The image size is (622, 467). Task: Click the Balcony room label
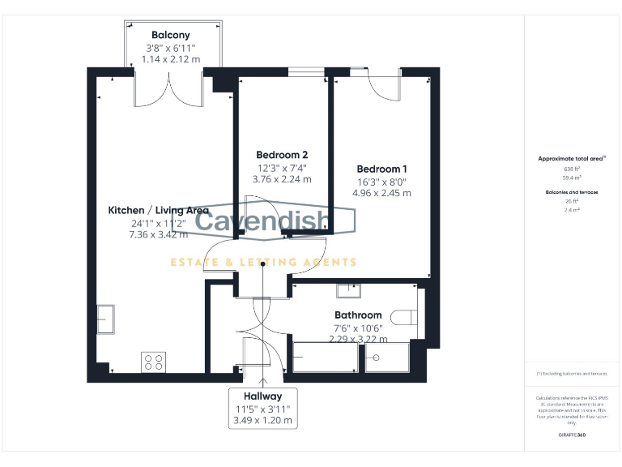(171, 35)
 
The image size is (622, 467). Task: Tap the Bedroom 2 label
(282, 154)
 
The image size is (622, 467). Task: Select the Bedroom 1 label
(382, 168)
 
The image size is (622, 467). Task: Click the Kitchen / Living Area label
(159, 210)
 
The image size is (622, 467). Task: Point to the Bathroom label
(358, 315)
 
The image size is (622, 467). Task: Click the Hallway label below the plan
(262, 396)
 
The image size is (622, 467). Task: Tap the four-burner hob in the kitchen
(153, 362)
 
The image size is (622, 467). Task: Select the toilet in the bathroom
(405, 318)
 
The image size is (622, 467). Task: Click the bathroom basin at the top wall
(349, 290)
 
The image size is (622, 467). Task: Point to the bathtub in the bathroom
(326, 358)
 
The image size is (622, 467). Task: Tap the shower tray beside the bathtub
(386, 358)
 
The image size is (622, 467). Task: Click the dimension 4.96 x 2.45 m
(382, 194)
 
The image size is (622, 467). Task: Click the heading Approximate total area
(572, 158)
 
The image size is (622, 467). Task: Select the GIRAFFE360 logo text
(572, 435)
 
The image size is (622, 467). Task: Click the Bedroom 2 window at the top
(305, 72)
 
